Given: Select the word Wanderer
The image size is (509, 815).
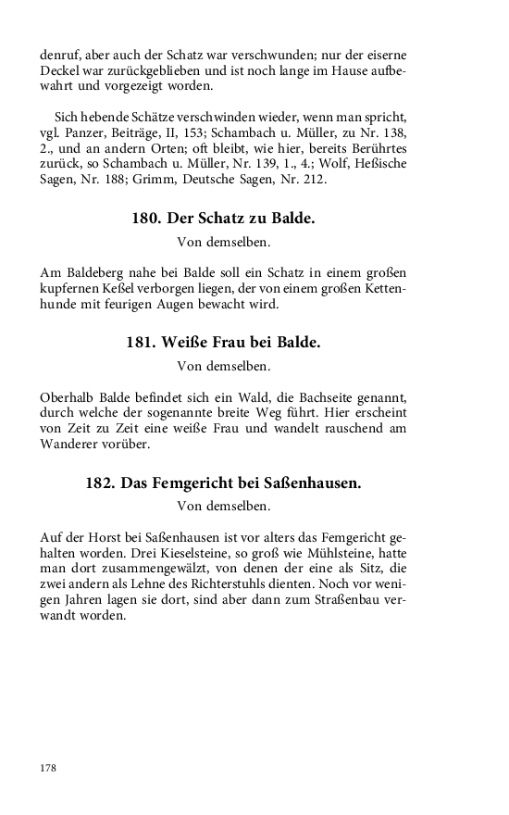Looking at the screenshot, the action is coord(71,443).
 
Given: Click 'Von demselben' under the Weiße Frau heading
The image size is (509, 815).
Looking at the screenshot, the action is coord(223,365).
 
